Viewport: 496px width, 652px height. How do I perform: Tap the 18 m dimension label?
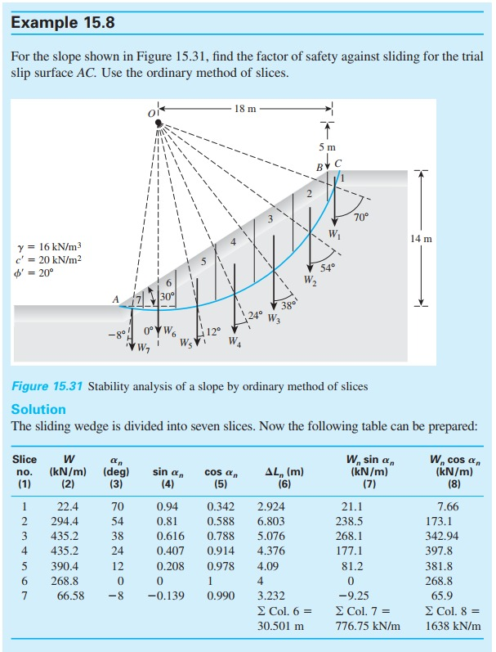click(246, 108)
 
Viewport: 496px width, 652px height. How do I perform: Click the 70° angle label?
click(362, 218)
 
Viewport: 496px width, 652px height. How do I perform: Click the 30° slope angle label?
click(168, 296)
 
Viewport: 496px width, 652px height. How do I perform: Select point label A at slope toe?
click(116, 300)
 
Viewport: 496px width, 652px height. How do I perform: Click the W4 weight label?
click(235, 341)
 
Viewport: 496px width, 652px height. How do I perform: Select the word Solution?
click(38, 408)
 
